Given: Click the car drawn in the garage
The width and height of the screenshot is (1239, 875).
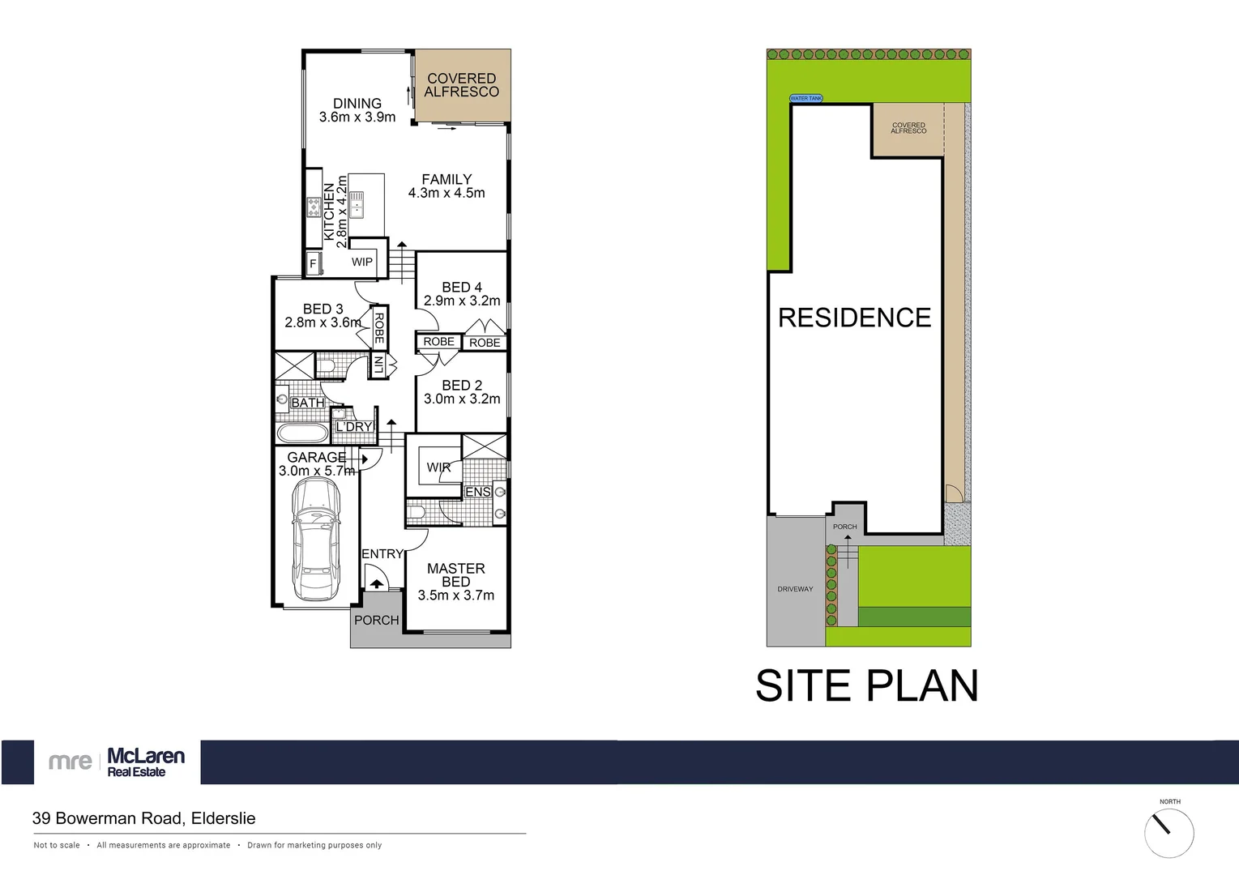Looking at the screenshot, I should (x=315, y=538).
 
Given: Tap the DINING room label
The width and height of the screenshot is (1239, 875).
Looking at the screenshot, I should (x=357, y=110).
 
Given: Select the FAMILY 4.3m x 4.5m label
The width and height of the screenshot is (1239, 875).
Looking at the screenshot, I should (x=446, y=186).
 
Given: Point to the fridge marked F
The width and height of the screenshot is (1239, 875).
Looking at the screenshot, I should (x=313, y=263).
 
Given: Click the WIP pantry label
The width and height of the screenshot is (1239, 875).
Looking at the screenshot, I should (x=362, y=262).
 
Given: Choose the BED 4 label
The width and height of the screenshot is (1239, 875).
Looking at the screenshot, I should (x=462, y=293).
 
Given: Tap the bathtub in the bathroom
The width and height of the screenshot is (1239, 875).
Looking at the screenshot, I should (x=301, y=430).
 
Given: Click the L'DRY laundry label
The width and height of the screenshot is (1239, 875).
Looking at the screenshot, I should (x=354, y=427).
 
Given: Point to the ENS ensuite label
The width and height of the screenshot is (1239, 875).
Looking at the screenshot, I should (x=477, y=492).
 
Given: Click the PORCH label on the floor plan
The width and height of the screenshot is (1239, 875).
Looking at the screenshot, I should (x=377, y=620).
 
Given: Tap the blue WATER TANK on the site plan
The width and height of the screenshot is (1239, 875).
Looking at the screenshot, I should (x=805, y=99).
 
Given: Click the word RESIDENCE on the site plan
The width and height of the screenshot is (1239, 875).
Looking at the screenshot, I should (x=854, y=318).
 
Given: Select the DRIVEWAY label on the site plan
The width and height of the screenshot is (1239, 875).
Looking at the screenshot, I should (x=795, y=589).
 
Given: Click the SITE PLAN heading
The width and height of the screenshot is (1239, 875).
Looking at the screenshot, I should (x=866, y=685).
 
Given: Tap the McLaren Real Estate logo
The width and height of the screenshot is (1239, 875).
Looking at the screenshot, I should (x=117, y=762).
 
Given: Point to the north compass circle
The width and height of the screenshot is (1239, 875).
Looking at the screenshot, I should (x=1169, y=832).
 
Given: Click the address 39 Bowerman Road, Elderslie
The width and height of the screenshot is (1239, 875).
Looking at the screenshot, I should (x=143, y=818).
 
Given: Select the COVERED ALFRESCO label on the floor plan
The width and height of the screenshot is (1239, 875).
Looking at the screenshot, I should (x=462, y=85).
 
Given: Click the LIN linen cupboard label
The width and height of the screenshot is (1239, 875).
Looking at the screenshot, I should (x=378, y=364).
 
